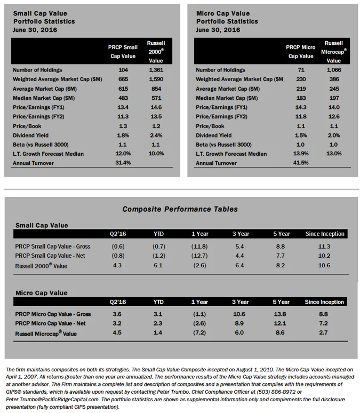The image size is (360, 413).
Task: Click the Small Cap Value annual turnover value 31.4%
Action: pyautogui.click(x=123, y=163)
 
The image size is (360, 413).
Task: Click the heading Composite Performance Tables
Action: pyautogui.click(x=180, y=209)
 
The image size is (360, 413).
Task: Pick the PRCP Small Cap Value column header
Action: pyautogui.click(x=123, y=51)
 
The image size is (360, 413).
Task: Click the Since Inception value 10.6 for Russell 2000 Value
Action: pyautogui.click(x=324, y=266)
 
